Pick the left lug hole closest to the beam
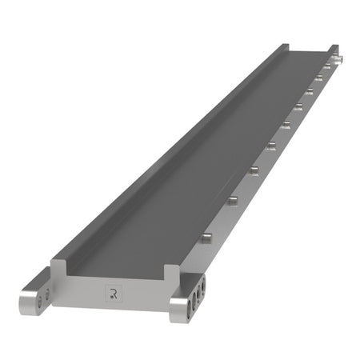46,291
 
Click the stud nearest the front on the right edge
207,237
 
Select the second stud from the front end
233,199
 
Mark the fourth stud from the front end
271,145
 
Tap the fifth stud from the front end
286,124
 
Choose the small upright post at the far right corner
334,50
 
